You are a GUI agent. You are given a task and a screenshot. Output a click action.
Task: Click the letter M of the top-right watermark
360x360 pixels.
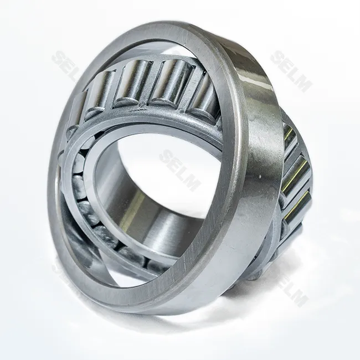pyautogui.click(x=304, y=84)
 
